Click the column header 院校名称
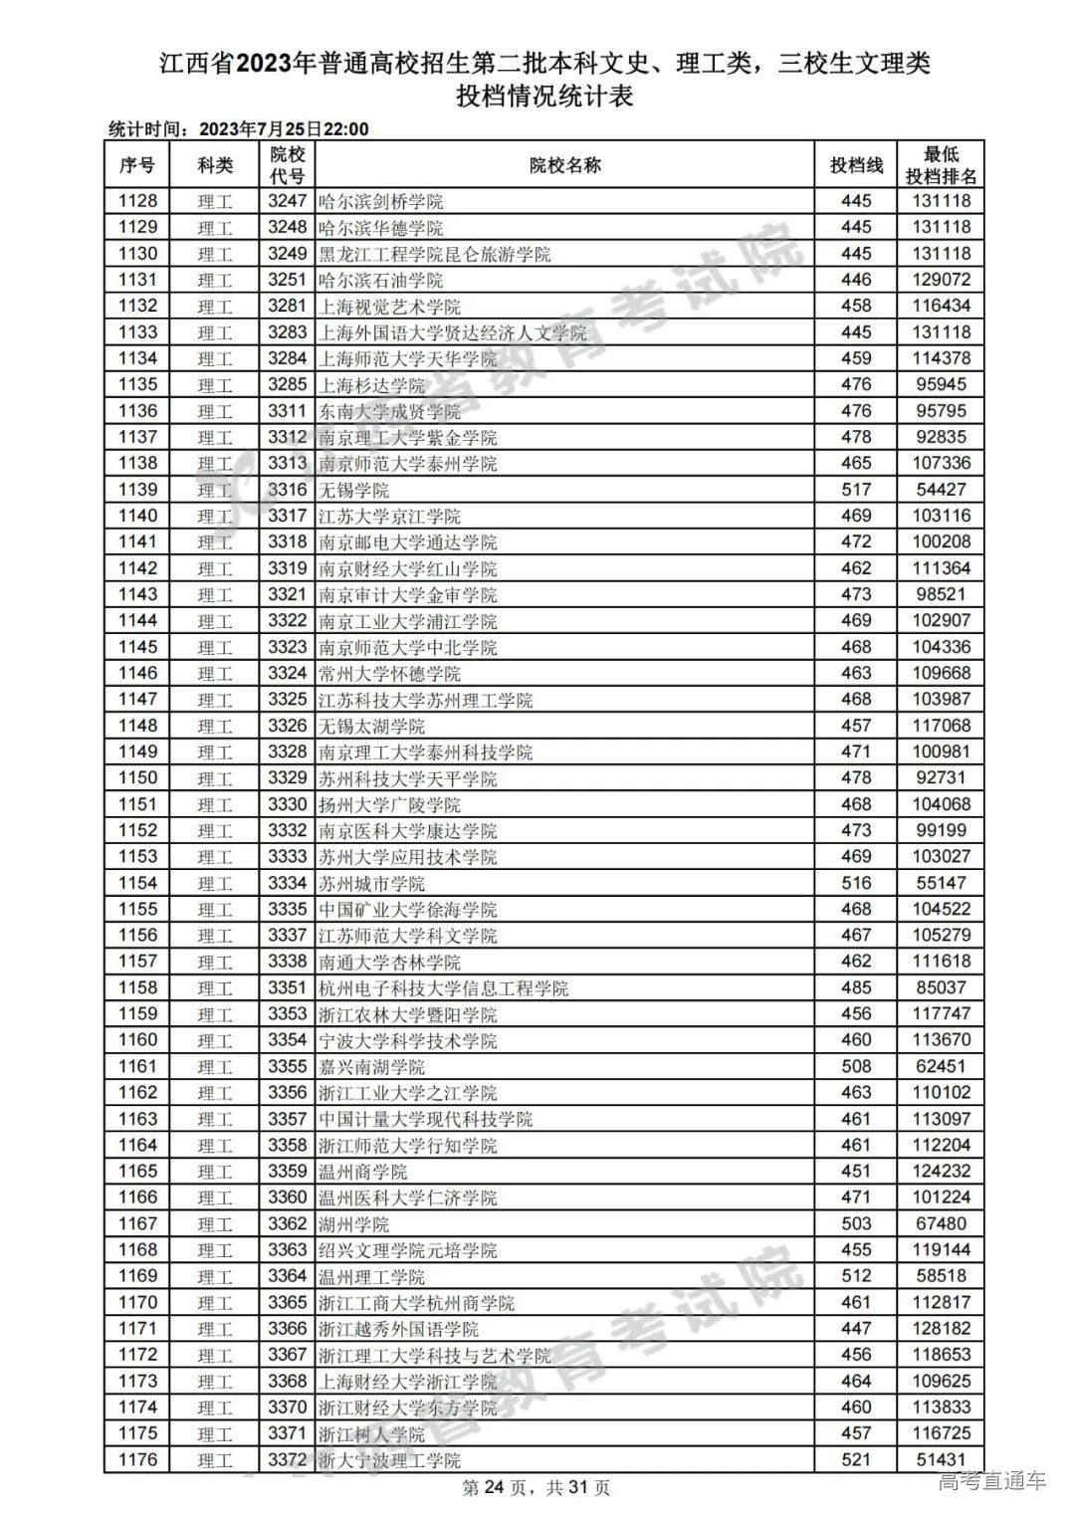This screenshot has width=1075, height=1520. click(564, 165)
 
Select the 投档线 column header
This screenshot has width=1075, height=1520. click(856, 165)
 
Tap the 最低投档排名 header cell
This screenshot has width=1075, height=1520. click(941, 165)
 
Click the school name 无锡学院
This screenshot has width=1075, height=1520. click(353, 490)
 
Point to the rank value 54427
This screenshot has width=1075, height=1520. click(941, 490)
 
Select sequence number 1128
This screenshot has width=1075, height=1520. click(137, 201)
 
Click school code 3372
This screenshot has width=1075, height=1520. click(288, 1460)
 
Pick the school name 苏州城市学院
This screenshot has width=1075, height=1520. click(371, 883)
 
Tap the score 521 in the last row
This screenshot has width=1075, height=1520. click(856, 1460)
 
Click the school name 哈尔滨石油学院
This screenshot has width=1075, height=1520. click(380, 280)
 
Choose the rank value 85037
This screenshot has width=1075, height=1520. click(941, 988)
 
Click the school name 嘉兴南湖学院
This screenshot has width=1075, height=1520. click(371, 1067)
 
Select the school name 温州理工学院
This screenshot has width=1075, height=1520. click(371, 1276)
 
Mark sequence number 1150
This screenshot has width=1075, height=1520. click(137, 778)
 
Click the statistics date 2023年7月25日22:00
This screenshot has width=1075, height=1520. click(284, 129)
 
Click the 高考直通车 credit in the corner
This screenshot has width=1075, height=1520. click(992, 1481)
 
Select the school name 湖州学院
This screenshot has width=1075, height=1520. click(353, 1224)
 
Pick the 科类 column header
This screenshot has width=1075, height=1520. click(215, 165)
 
